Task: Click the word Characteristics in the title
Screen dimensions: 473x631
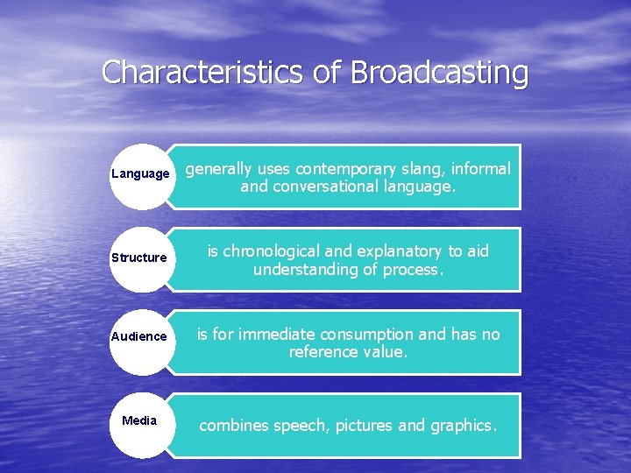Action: (206, 72)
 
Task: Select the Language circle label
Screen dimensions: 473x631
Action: (140, 173)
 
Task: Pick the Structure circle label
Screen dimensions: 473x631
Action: (138, 258)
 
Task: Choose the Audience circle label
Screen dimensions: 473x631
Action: (138, 336)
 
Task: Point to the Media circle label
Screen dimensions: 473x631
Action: (139, 420)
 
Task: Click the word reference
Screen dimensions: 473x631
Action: (324, 352)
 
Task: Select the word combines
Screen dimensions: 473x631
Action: (234, 426)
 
